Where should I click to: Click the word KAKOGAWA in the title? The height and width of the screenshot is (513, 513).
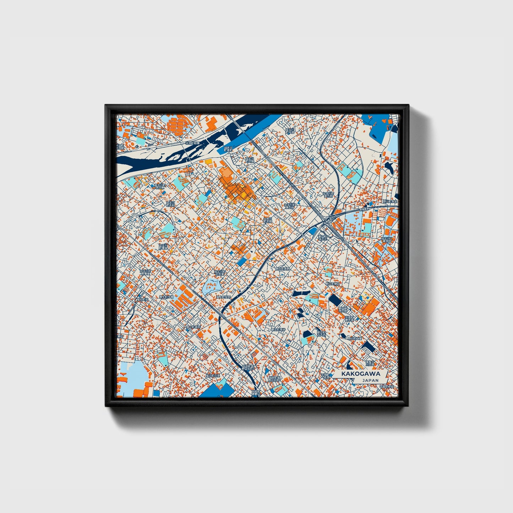coord(361,374)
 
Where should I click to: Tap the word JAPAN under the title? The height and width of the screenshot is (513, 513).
coord(370,380)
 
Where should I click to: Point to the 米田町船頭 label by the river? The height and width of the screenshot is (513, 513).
coord(192,143)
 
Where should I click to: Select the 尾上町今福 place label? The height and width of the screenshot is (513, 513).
coord(166,297)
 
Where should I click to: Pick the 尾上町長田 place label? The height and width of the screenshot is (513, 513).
coord(194,327)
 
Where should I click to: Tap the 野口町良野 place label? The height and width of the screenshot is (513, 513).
coord(283,269)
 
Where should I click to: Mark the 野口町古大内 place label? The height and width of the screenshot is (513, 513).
coord(321,334)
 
